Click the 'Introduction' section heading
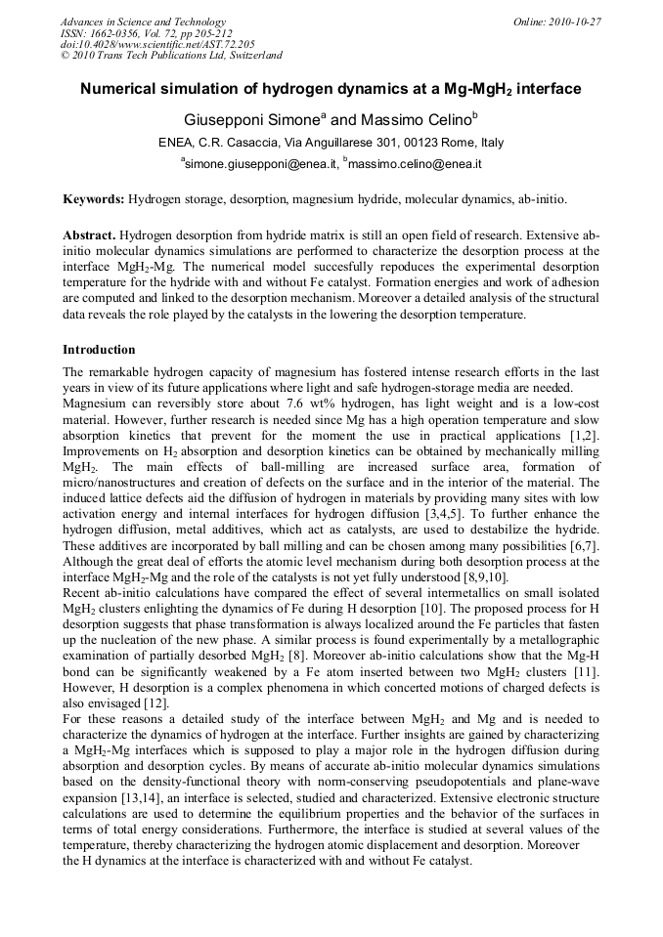click(x=99, y=349)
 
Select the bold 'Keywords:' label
click(x=94, y=199)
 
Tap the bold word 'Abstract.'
click(x=89, y=236)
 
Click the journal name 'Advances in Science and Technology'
click(x=143, y=21)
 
